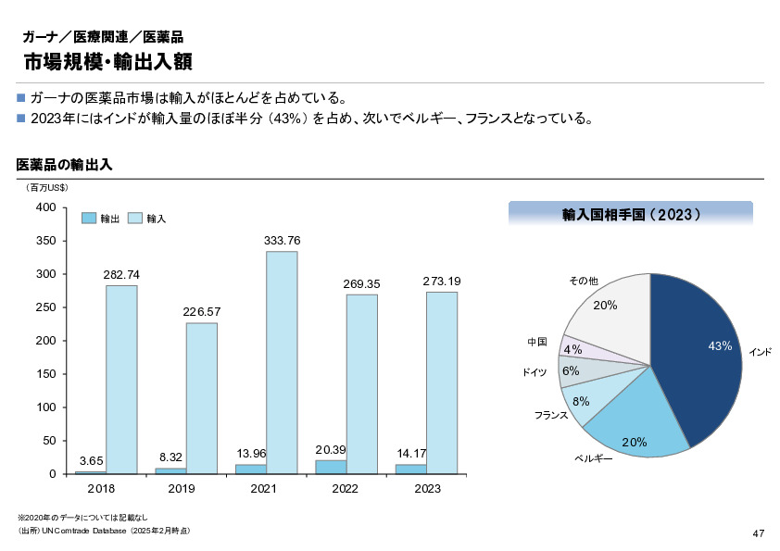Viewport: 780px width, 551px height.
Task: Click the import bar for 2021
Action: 282,362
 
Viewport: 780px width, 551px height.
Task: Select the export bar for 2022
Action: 331,467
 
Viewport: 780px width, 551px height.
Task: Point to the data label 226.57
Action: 202,311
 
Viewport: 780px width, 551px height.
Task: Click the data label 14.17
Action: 410,453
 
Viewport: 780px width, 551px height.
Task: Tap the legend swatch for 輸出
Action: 89,218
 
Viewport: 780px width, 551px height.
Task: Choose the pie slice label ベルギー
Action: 594,458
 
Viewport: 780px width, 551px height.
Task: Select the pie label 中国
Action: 537,342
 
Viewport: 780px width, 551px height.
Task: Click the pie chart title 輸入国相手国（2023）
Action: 631,214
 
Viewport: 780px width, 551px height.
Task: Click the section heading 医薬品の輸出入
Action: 65,166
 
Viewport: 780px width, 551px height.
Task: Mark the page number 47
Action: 758,533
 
